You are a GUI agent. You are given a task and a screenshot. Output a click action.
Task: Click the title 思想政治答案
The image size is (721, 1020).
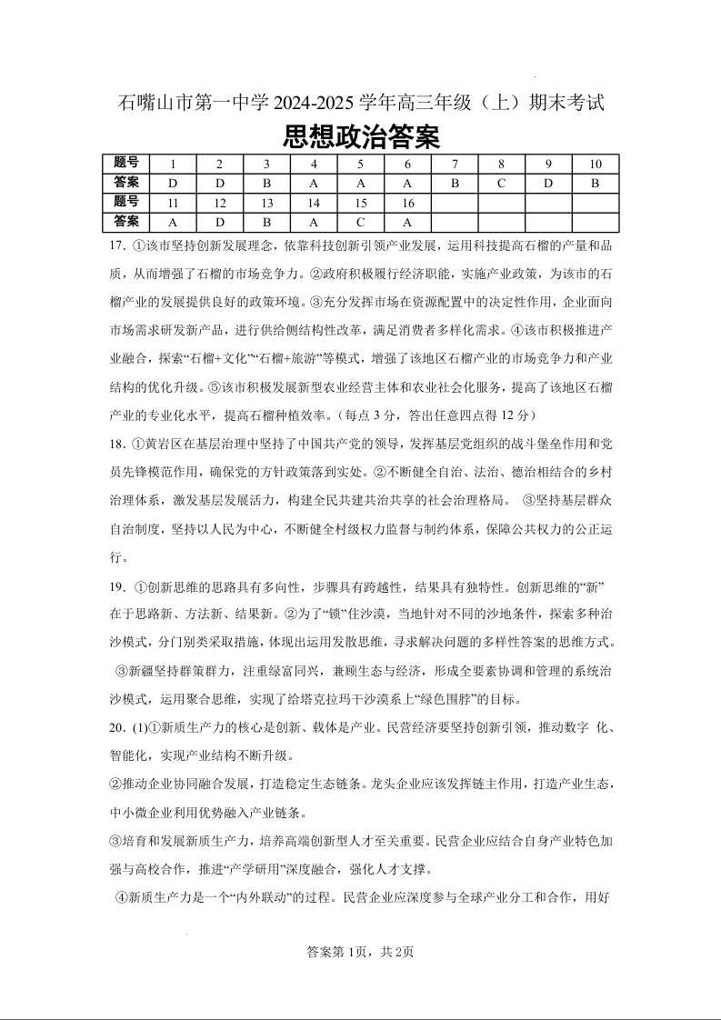click(x=361, y=137)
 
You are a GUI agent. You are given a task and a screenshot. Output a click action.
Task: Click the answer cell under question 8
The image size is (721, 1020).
click(x=501, y=183)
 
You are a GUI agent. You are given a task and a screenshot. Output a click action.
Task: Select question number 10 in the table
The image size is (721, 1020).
click(x=595, y=165)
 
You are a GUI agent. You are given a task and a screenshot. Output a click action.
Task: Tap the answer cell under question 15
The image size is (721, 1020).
click(x=360, y=222)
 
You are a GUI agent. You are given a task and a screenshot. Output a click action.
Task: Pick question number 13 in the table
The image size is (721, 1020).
click(x=266, y=203)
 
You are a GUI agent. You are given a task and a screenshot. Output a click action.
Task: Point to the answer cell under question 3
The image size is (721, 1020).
click(x=266, y=183)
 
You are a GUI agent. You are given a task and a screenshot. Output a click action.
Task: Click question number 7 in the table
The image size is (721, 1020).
click(x=454, y=165)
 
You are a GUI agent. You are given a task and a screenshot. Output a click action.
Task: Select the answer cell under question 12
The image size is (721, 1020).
click(x=219, y=222)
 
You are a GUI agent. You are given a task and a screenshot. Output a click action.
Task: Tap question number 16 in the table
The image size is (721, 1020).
click(x=407, y=203)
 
